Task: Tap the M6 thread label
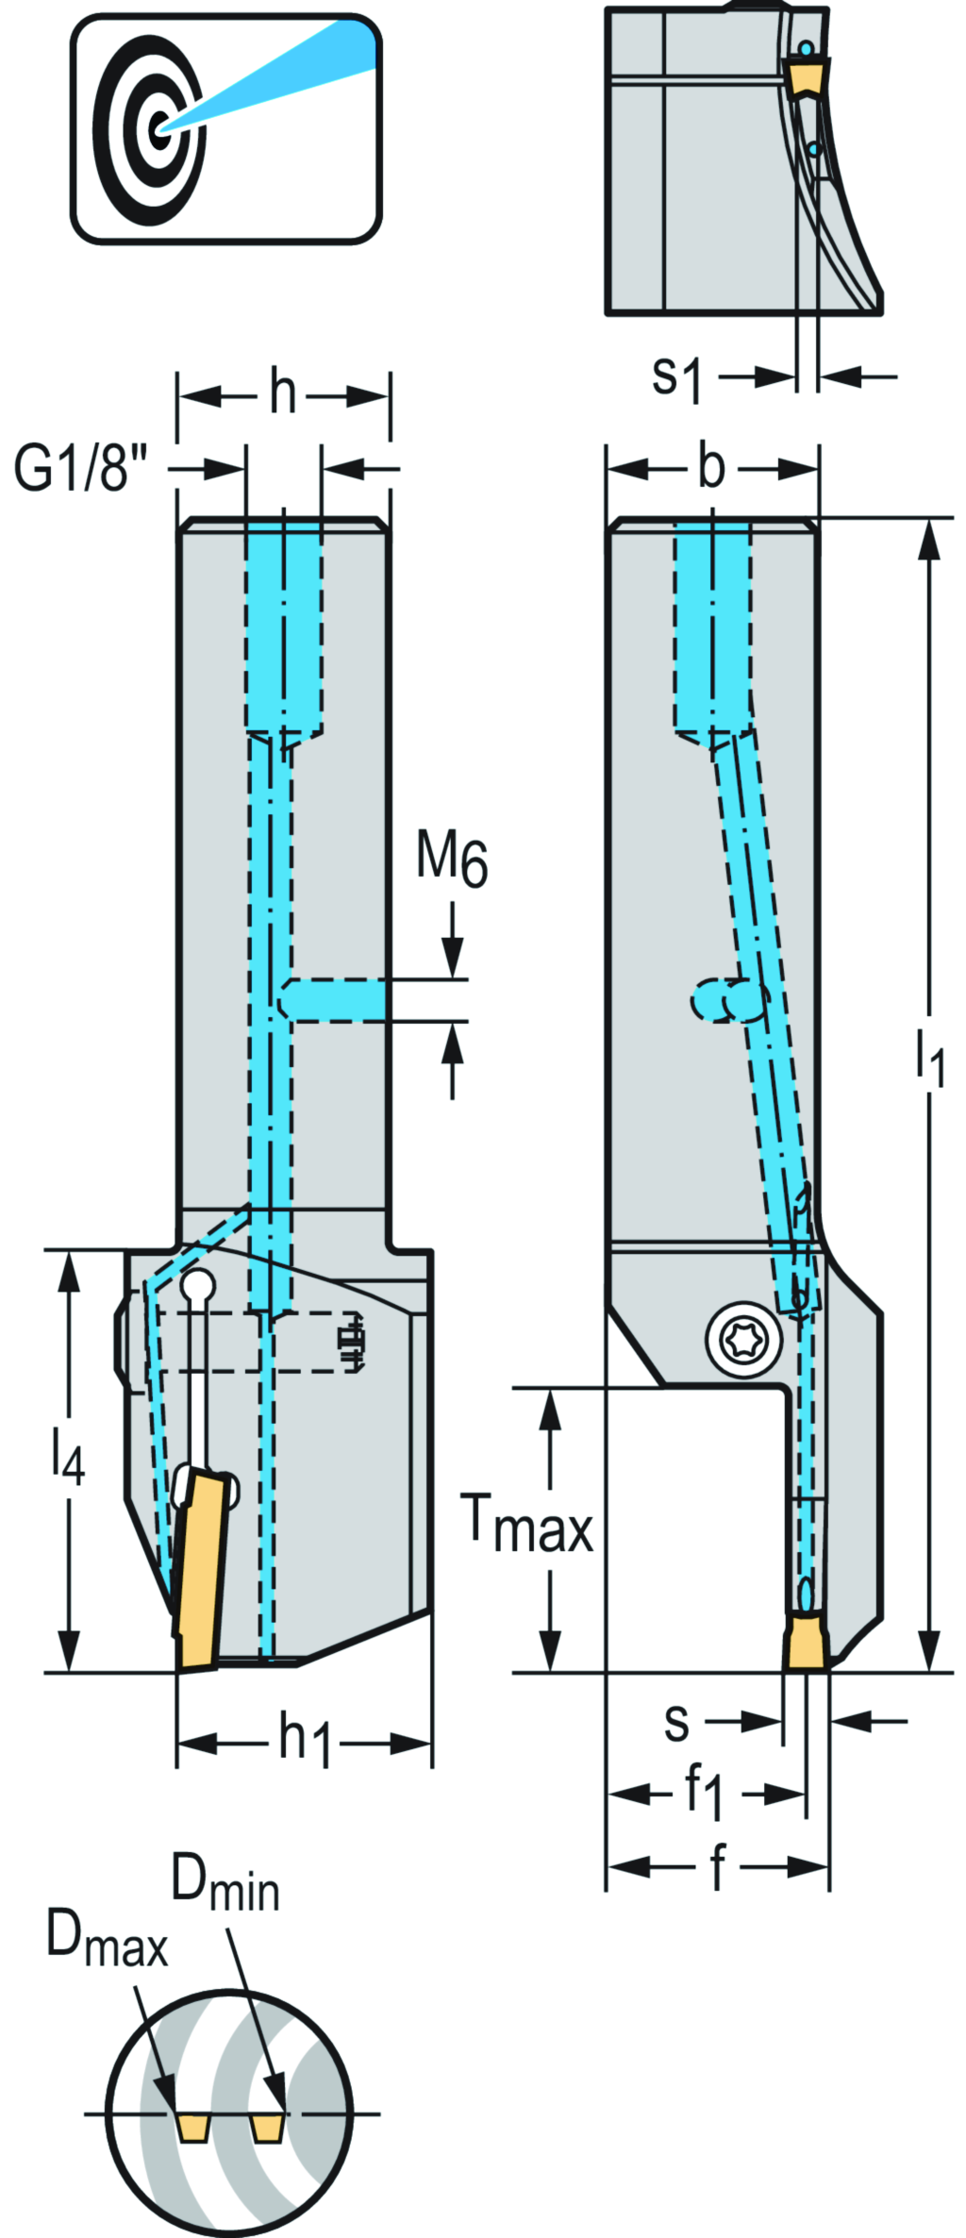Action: click(452, 860)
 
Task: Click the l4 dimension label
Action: click(68, 1459)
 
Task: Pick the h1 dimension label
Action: click(305, 1739)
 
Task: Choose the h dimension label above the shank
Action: click(282, 392)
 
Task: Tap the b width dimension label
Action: click(712, 467)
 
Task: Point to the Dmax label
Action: click(106, 1947)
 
